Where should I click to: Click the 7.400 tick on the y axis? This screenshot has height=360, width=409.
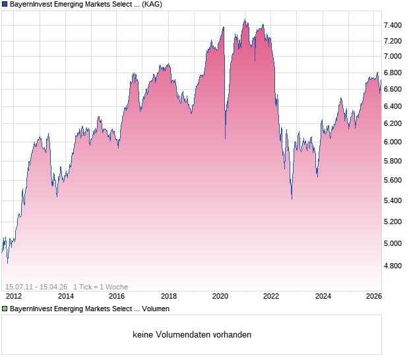pyautogui.click(x=393, y=25)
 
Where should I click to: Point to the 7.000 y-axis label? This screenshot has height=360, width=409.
pyautogui.click(x=393, y=56)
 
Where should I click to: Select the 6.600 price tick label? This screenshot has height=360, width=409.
pyautogui.click(x=393, y=89)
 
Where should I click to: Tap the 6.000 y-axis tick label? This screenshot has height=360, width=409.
pyautogui.click(x=393, y=142)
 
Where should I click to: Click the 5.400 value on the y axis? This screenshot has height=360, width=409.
pyautogui.click(x=393, y=200)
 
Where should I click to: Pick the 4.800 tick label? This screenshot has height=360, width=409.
pyautogui.click(x=393, y=266)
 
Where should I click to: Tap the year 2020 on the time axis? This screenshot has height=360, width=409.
pyautogui.click(x=220, y=297)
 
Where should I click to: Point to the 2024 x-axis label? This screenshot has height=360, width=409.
pyautogui.click(x=323, y=297)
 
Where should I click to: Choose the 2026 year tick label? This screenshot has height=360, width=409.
pyautogui.click(x=374, y=297)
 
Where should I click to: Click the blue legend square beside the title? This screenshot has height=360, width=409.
pyautogui.click(x=5, y=4)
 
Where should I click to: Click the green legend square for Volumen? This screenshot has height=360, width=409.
pyautogui.click(x=5, y=308)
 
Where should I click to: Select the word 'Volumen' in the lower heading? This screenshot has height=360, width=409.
pyautogui.click(x=155, y=308)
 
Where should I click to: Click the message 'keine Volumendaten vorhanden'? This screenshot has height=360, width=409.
pyautogui.click(x=192, y=334)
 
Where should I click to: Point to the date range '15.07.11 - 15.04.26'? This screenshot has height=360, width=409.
pyautogui.click(x=36, y=287)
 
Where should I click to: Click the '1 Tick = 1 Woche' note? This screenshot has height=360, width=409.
pyautogui.click(x=100, y=287)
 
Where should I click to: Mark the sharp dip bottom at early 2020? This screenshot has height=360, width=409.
pyautogui.click(x=226, y=138)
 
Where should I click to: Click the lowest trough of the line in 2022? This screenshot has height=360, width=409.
pyautogui.click(x=292, y=198)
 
